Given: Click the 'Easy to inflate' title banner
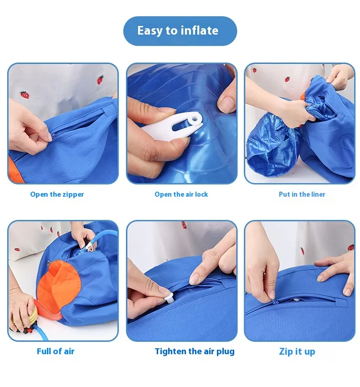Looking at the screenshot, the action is (180, 31).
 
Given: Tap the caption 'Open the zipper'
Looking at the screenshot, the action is (57, 194).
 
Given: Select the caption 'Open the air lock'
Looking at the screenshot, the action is (181, 194).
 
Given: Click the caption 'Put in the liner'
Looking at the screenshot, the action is (302, 194).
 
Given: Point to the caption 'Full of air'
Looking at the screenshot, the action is (56, 351).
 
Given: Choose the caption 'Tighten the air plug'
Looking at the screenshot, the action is (195, 351).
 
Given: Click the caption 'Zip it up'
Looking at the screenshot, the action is (297, 351).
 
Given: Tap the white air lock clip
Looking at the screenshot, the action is (173, 126).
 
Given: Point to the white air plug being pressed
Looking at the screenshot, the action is (169, 299).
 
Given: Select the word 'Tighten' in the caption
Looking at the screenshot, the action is (170, 351).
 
